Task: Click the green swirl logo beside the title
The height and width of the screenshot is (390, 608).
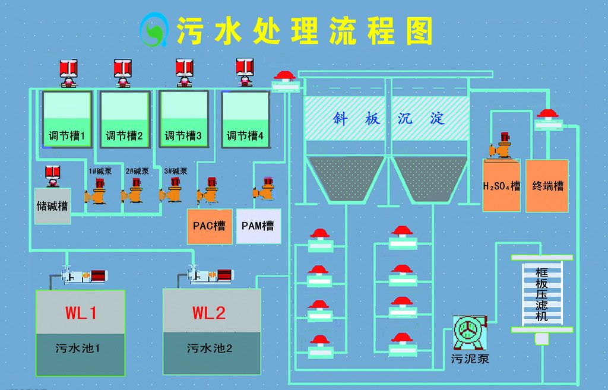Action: point(153,31)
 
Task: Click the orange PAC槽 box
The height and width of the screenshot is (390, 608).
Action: point(210,226)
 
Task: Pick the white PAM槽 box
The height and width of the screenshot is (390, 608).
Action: point(258,226)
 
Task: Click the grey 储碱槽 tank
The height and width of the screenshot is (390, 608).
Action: point(52,207)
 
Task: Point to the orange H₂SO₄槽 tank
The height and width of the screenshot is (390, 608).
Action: point(501,185)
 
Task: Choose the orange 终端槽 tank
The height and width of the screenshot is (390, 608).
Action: point(547,185)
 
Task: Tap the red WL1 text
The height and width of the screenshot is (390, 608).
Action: point(81,313)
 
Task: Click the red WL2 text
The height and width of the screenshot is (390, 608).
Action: point(209,313)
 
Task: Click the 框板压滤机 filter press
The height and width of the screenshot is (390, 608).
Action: point(541,294)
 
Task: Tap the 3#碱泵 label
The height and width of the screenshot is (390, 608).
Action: point(176,172)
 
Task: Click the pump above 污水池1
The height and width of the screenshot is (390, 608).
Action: point(80,276)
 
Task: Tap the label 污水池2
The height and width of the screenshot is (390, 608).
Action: point(209,348)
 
